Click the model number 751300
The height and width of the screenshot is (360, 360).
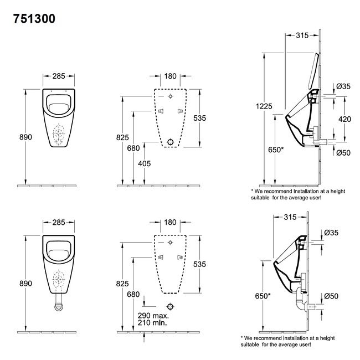click(x=34, y=19)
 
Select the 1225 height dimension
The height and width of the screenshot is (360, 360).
click(x=264, y=106)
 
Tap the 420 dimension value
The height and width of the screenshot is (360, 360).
click(x=344, y=119)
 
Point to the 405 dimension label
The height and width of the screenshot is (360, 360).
click(x=145, y=163)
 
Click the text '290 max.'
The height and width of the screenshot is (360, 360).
click(x=153, y=316)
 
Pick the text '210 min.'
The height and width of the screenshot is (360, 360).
click(x=152, y=322)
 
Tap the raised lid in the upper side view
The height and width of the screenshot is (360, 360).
click(x=313, y=71)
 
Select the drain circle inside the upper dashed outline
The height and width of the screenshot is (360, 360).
click(x=171, y=142)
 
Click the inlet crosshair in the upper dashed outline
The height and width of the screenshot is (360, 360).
click(x=171, y=96)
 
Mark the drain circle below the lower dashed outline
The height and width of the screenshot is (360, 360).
click(x=171, y=306)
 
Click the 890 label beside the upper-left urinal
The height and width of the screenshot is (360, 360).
click(x=25, y=137)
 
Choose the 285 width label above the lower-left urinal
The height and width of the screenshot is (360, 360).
click(x=59, y=222)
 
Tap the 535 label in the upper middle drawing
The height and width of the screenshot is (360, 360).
click(x=199, y=118)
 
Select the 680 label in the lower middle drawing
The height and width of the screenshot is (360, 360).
click(x=133, y=294)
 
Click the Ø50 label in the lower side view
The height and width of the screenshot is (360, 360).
click(x=331, y=296)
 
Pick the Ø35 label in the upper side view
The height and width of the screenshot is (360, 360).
click(x=343, y=86)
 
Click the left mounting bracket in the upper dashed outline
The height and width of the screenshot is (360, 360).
click(x=161, y=111)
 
